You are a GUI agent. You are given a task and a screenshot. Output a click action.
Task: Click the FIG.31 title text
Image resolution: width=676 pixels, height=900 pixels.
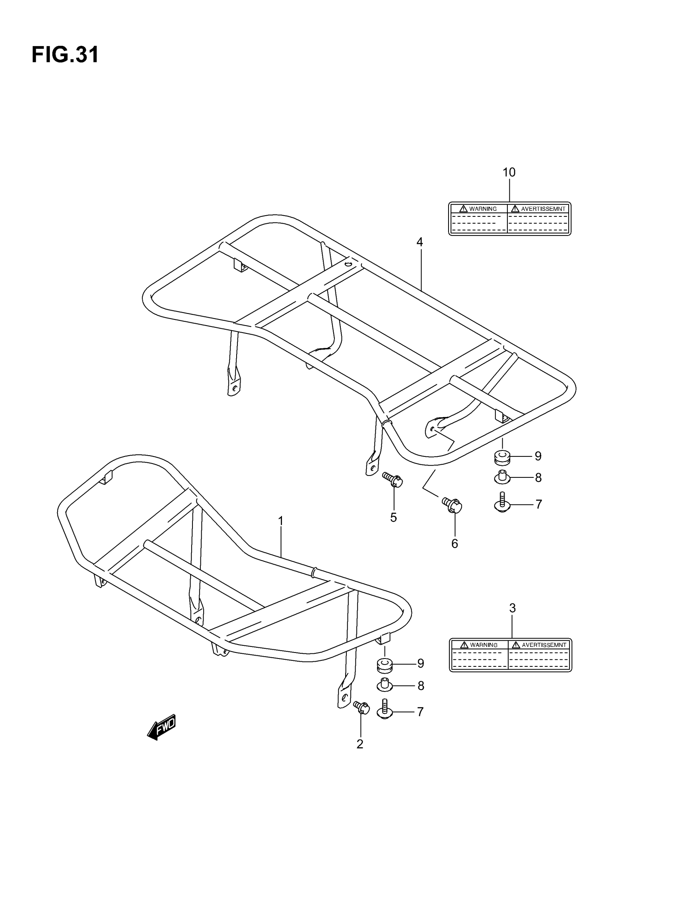tap(65, 55)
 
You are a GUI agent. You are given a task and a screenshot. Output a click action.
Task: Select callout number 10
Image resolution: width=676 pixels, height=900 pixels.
tap(509, 173)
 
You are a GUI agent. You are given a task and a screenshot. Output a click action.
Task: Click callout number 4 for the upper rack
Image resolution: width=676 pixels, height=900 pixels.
tap(420, 242)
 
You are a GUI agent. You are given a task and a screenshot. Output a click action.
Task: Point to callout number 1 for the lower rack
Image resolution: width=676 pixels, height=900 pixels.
tap(281, 521)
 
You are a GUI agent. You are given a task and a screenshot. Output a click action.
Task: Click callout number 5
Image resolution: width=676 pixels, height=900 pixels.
tap(393, 518)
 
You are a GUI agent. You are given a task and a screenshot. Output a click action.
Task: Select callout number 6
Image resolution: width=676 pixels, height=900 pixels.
tap(455, 544)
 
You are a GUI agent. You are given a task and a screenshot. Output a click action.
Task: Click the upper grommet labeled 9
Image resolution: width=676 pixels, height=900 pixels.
tap(502, 457)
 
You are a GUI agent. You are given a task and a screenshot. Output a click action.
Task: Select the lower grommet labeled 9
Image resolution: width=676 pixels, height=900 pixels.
tap(385, 665)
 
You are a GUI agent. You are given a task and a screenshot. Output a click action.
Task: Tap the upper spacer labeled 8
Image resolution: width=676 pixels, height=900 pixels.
tap(502, 477)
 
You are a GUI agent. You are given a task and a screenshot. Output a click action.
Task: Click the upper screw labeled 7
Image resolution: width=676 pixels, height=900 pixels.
tap(502, 502)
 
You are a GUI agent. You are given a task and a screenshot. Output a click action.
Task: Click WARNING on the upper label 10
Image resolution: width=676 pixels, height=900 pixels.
tap(482, 209)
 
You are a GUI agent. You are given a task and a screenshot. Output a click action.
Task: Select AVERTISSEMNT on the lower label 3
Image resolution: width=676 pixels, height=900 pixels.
tap(544, 645)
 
